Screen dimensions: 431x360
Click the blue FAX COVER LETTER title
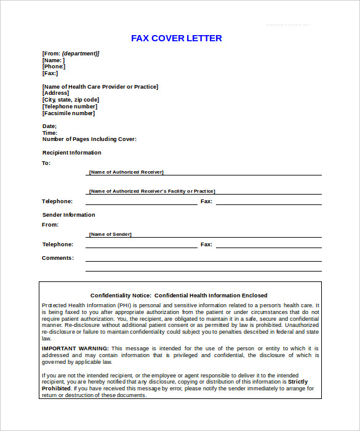(176, 38)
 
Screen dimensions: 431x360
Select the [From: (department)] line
(70, 54)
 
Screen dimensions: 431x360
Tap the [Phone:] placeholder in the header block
(54, 66)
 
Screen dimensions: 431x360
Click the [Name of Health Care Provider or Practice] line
(100, 87)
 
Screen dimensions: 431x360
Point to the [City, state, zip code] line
(70, 100)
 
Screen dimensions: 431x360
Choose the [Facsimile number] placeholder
(68, 113)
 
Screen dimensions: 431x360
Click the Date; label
(49, 126)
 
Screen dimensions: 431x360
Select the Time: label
(49, 133)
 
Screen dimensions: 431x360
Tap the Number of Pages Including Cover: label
(89, 139)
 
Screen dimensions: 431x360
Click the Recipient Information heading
(71, 153)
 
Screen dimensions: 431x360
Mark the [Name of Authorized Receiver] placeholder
(126, 172)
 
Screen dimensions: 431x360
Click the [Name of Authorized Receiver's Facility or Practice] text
(151, 191)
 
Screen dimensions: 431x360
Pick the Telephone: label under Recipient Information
(57, 201)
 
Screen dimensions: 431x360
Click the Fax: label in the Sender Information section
(206, 244)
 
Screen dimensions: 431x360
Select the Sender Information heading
(68, 215)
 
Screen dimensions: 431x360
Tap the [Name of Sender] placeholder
(110, 235)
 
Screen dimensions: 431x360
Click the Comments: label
(57, 258)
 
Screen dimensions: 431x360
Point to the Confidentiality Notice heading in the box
(179, 296)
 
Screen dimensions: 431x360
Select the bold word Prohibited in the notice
(56, 389)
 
